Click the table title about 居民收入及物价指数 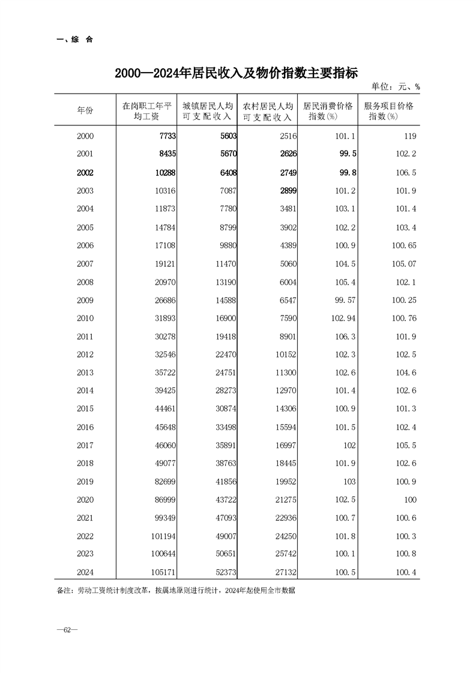(x=237, y=74)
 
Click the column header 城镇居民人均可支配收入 (x=207, y=111)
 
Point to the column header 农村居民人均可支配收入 (x=268, y=111)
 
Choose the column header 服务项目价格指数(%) (x=388, y=111)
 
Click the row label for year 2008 (x=85, y=282)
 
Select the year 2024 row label (x=85, y=573)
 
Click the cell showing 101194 (x=161, y=536)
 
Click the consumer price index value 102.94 (x=343, y=319)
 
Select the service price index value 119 (x=410, y=136)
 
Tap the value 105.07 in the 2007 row (x=404, y=264)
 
